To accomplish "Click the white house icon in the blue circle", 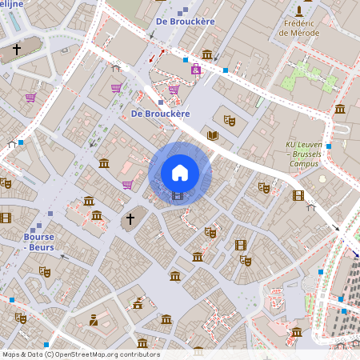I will point(180,172).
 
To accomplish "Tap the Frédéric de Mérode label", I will point(300,29).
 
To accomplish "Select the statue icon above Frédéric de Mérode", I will point(299,11).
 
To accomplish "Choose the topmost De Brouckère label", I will point(185,20).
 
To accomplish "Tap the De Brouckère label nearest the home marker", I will point(160,114).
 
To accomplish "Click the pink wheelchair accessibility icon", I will point(196,70).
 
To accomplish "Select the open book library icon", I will point(213,135).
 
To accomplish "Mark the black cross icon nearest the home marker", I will point(132,218).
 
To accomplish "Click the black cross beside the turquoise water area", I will point(16,50).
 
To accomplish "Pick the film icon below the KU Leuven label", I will point(298,195).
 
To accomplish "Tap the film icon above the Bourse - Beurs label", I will point(5,217).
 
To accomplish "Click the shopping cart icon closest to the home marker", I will point(127,185).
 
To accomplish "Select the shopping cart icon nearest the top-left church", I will point(30,98).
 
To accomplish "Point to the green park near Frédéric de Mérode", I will point(303,76).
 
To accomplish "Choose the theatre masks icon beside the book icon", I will point(230,120).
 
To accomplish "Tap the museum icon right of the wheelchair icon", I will point(207,54).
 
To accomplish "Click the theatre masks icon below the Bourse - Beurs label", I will point(46,272).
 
